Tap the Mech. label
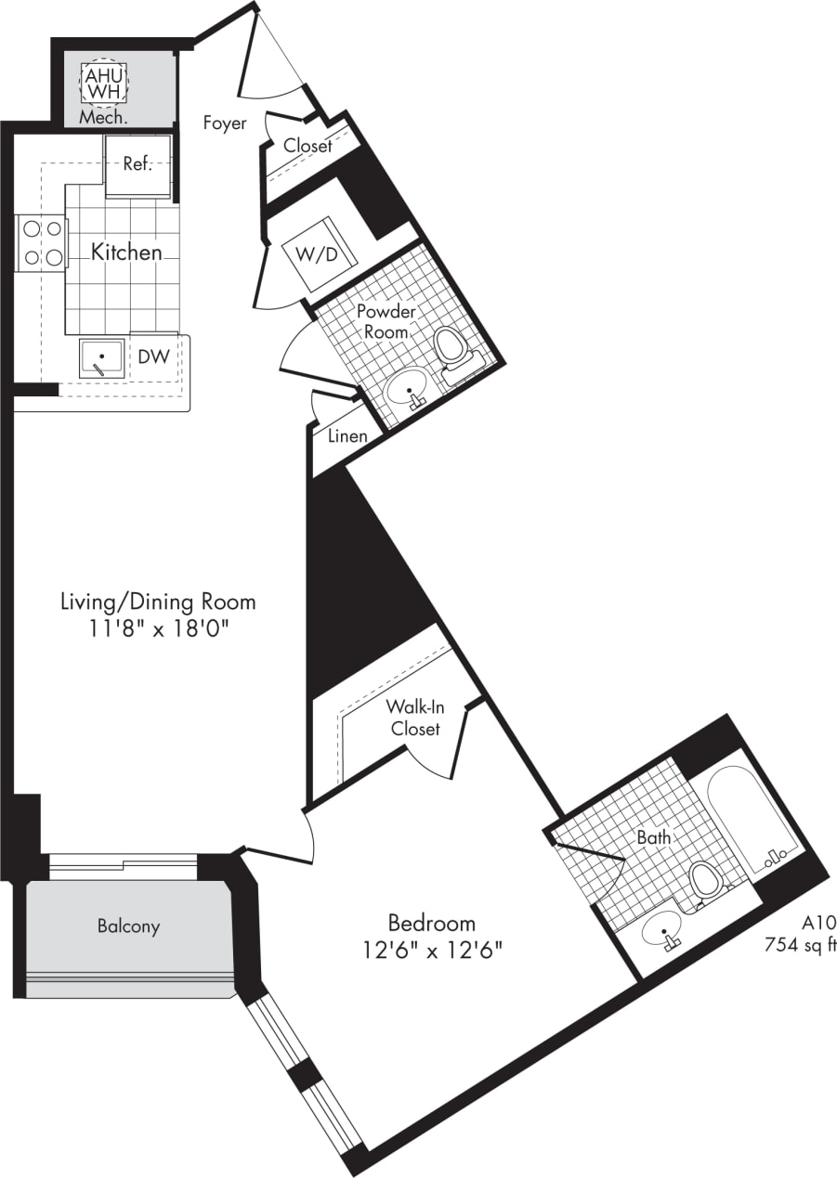[x=102, y=118]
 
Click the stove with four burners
[x=41, y=242]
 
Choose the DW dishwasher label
[x=153, y=356]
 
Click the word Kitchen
[x=126, y=252]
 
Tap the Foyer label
[x=226, y=123]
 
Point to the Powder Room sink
[x=409, y=390]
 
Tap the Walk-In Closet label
[x=414, y=717]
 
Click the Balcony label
[x=129, y=926]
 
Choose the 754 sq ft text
[x=800, y=946]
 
